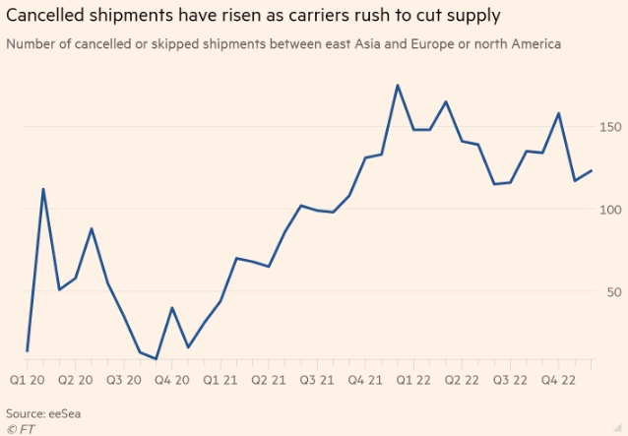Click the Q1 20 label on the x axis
(28, 379)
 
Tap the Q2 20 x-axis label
(76, 379)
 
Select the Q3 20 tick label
(124, 379)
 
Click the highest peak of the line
(398, 86)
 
